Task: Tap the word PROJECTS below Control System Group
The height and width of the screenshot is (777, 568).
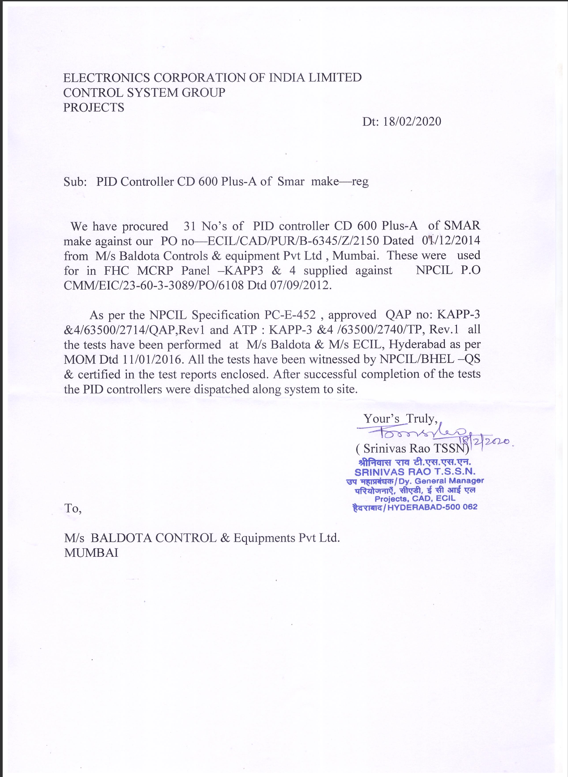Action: point(94,108)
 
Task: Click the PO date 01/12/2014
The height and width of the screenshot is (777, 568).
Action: point(451,241)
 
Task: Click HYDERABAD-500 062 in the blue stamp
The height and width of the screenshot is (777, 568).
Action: point(432,507)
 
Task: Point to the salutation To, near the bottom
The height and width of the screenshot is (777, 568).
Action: point(73,508)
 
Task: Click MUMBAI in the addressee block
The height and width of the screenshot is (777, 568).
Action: point(91,553)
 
